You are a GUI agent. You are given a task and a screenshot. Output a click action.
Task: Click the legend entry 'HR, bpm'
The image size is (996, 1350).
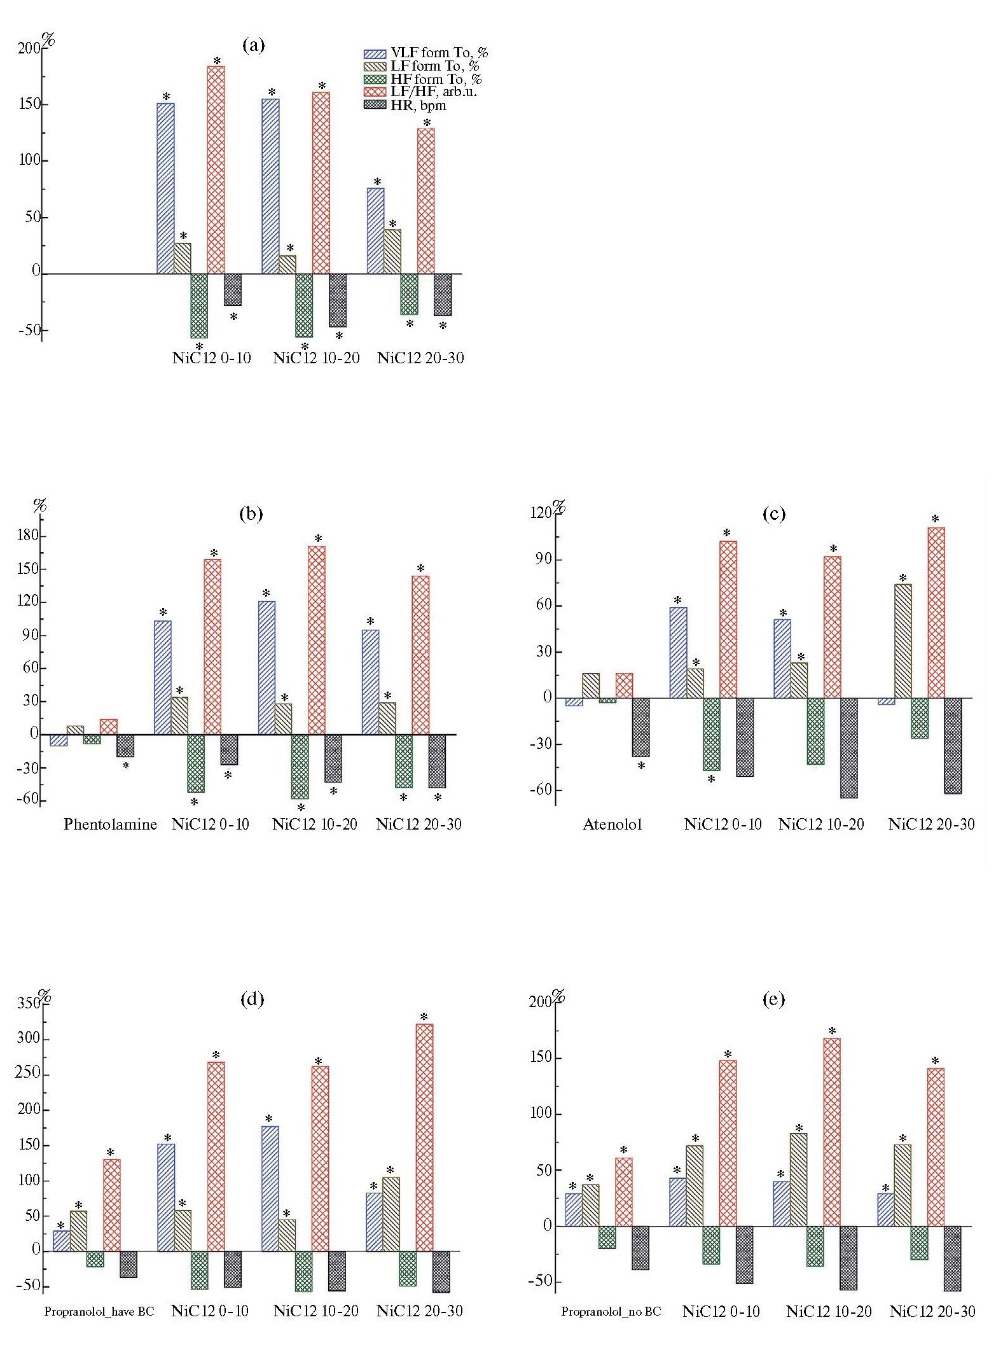pyautogui.click(x=418, y=106)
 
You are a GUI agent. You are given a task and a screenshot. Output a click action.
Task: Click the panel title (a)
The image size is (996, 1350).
pyautogui.click(x=253, y=45)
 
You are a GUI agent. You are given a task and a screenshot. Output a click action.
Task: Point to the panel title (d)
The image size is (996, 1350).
pyautogui.click(x=252, y=999)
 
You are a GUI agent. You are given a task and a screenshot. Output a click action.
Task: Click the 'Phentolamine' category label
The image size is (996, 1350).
pyautogui.click(x=110, y=825)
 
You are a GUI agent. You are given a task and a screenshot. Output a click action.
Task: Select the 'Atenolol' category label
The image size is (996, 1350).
pyautogui.click(x=612, y=825)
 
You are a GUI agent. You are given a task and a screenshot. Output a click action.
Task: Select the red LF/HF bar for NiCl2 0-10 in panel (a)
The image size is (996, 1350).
pyautogui.click(x=216, y=170)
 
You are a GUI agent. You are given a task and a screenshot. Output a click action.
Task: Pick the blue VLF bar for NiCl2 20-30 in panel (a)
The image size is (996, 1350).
pyautogui.click(x=375, y=231)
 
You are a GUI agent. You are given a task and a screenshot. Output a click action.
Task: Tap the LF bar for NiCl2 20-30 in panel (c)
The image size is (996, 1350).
pyautogui.click(x=903, y=641)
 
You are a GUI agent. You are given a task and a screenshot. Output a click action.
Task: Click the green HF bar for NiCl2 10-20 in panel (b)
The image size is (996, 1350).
pyautogui.click(x=300, y=767)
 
